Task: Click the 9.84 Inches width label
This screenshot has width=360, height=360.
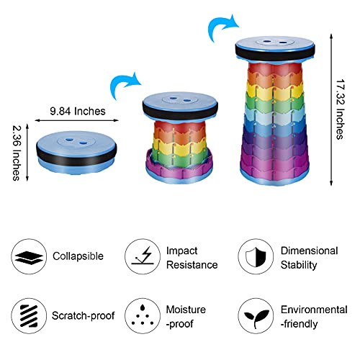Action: click(x=78, y=112)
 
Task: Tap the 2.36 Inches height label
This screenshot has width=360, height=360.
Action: click(x=17, y=153)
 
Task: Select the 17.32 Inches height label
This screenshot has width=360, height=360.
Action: click(x=341, y=109)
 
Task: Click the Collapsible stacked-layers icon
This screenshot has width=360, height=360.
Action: click(x=29, y=256)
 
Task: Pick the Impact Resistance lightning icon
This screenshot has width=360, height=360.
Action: click(x=143, y=256)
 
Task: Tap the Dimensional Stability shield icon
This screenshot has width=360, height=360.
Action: click(x=256, y=256)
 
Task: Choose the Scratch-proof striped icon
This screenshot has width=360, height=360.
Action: click(x=29, y=316)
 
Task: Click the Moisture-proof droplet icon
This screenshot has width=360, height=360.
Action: click(x=143, y=316)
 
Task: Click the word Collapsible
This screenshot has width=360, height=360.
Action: click(x=78, y=256)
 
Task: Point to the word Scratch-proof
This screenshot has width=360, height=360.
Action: click(x=83, y=316)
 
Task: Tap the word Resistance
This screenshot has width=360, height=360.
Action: click(x=192, y=265)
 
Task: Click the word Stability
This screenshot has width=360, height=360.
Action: click(x=299, y=265)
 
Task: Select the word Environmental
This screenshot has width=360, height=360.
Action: click(x=314, y=310)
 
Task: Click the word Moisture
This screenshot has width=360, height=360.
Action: click(x=186, y=310)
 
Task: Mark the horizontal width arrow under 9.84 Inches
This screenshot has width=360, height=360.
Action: click(x=77, y=120)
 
